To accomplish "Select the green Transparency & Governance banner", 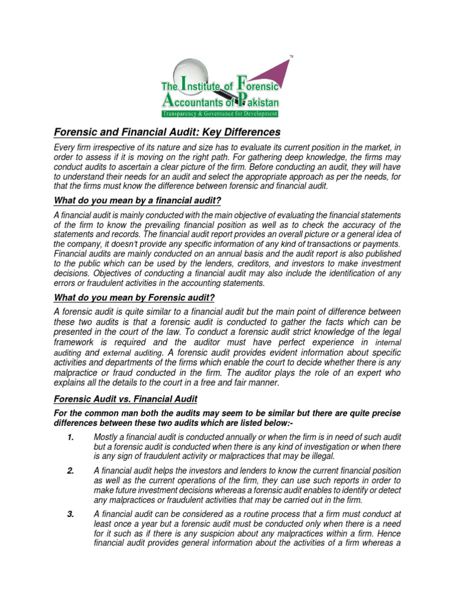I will pyautogui.click(x=220, y=113).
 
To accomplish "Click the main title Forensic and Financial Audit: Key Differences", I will pyautogui.click(x=168, y=132).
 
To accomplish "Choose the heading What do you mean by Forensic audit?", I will pyautogui.click(x=135, y=297).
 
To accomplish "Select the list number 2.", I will pyautogui.click(x=70, y=470).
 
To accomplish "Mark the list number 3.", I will pyautogui.click(x=70, y=514).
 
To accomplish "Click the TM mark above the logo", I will pyautogui.click(x=291, y=56).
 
